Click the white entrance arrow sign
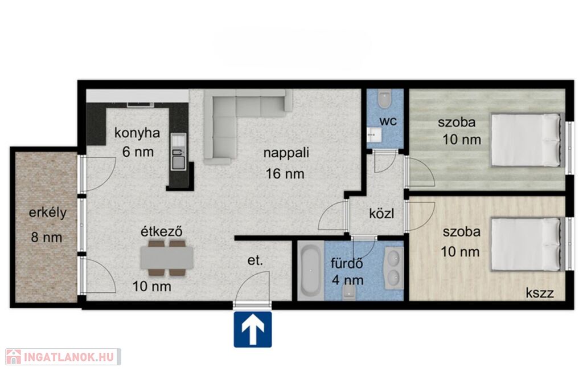(x=253, y=330)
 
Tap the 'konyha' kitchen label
(x=137, y=133)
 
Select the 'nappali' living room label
(x=286, y=153)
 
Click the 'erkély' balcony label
(x=48, y=213)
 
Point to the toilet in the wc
(x=384, y=99)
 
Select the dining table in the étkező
(x=167, y=258)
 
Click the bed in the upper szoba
(x=525, y=140)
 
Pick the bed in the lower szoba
(x=525, y=244)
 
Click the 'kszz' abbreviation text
(x=540, y=293)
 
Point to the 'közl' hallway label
(x=381, y=214)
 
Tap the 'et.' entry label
(x=255, y=260)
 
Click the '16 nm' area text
(x=285, y=174)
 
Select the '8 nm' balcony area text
(x=47, y=238)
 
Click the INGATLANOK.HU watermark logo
(x=63, y=357)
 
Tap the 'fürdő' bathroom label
(x=347, y=263)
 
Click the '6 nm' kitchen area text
(x=138, y=152)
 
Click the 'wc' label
(x=388, y=121)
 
